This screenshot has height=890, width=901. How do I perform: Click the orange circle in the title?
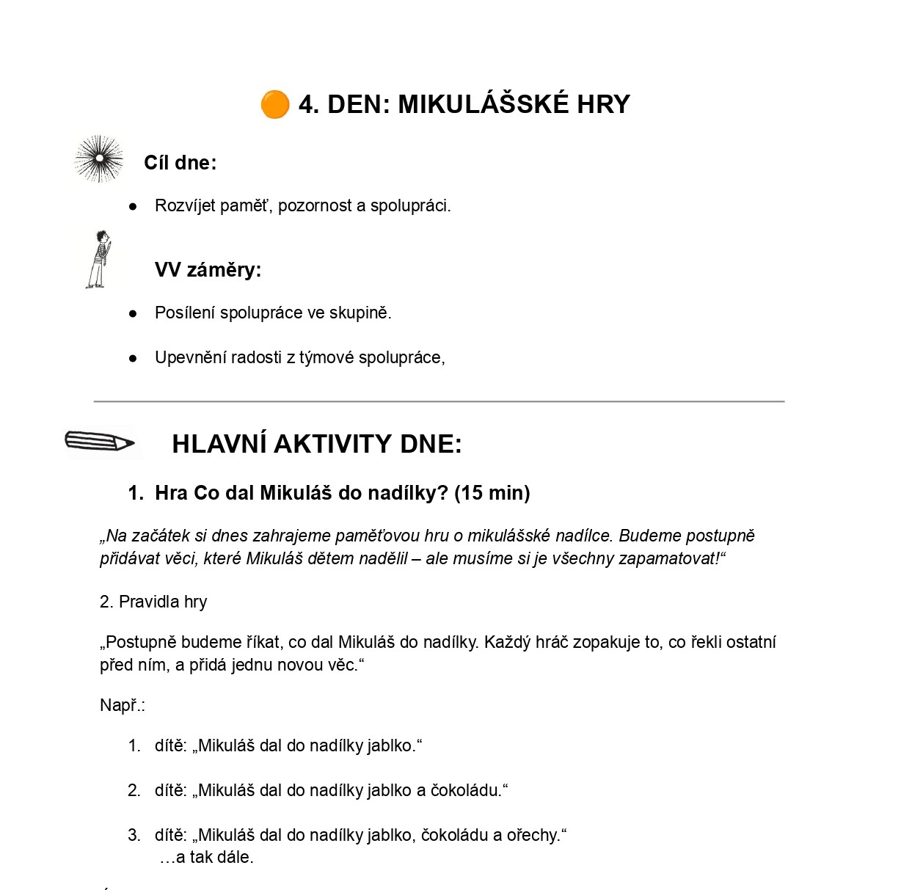click(x=275, y=104)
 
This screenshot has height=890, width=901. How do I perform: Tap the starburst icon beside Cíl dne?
click(x=99, y=158)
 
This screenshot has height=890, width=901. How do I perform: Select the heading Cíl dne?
click(x=180, y=163)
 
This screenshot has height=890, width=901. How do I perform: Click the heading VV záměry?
click(x=208, y=270)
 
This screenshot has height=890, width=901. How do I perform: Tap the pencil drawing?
click(x=100, y=442)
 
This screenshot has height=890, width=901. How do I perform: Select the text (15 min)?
click(x=492, y=493)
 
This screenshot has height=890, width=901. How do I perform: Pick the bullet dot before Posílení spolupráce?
click(x=133, y=313)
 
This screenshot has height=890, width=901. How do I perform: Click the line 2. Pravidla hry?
click(x=153, y=602)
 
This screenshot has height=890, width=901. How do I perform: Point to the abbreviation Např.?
click(x=122, y=706)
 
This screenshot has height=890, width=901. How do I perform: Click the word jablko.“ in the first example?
click(x=395, y=746)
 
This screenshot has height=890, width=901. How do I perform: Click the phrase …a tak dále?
click(x=207, y=858)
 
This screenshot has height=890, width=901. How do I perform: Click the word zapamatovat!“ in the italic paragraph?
click(x=672, y=559)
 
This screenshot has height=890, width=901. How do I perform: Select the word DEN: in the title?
click(x=359, y=104)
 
